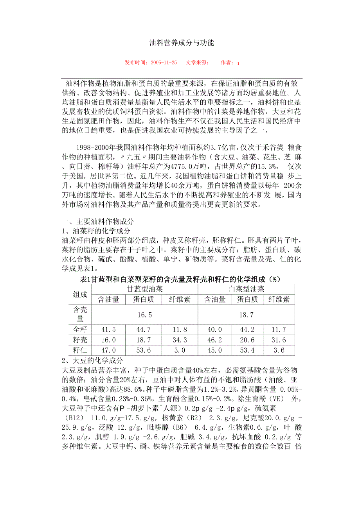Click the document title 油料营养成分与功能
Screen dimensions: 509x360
[182, 43]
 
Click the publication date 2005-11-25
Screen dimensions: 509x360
[163, 62]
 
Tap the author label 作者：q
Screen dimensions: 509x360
[230, 62]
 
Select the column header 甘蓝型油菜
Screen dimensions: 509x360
[145, 289]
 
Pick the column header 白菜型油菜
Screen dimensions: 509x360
[246, 289]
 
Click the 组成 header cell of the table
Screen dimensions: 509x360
[80, 294]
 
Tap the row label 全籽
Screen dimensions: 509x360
[80, 330]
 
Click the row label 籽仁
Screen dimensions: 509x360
[80, 350]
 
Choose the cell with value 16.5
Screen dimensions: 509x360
[145, 315]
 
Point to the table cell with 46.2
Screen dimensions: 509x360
[215, 340]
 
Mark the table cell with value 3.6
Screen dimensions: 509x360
[279, 350]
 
